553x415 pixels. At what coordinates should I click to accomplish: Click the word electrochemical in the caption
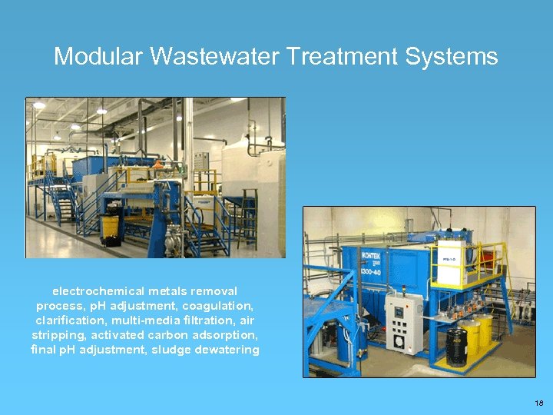coord(97,291)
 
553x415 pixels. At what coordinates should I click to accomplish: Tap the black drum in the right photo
coord(457,347)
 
